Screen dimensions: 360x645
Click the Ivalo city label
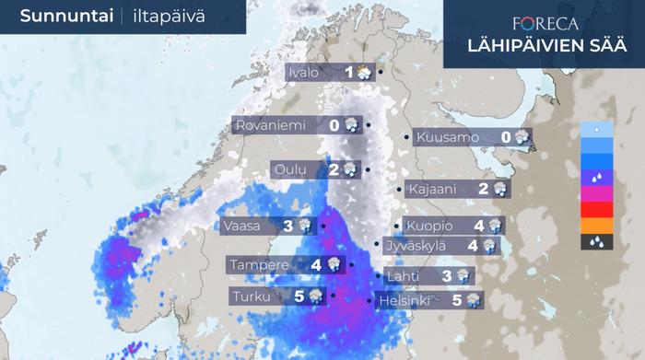click(304, 73)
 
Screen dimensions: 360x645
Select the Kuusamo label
click(448, 138)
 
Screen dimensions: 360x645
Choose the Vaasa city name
click(242, 225)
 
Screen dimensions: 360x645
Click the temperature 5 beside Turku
click(299, 296)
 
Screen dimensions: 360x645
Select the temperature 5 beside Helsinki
click(457, 299)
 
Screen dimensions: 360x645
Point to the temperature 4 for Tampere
click(316, 265)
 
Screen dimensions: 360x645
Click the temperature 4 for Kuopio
click(479, 226)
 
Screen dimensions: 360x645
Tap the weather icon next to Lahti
click(463, 275)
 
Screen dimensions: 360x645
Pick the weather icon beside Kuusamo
click(522, 138)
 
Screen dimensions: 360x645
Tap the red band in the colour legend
click(597, 210)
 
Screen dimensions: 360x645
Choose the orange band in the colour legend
click(597, 226)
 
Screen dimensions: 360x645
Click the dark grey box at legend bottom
click(597, 242)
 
